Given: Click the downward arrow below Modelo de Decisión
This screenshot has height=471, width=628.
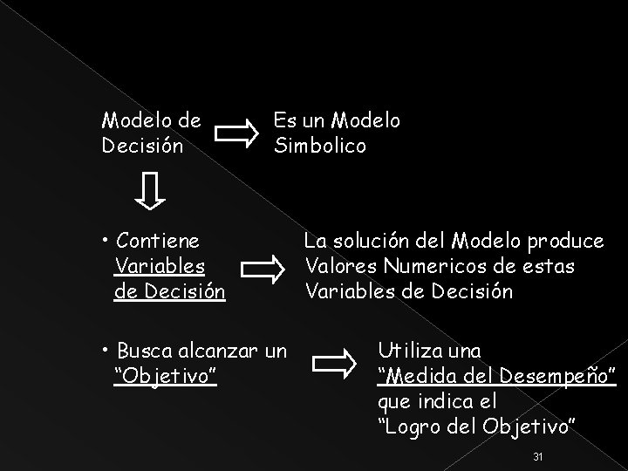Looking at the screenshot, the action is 151,190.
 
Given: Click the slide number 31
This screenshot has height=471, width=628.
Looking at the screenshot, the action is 537,456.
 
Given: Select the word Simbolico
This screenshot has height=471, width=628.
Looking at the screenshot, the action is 320,145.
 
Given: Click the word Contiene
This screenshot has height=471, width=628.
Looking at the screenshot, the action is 157,240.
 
